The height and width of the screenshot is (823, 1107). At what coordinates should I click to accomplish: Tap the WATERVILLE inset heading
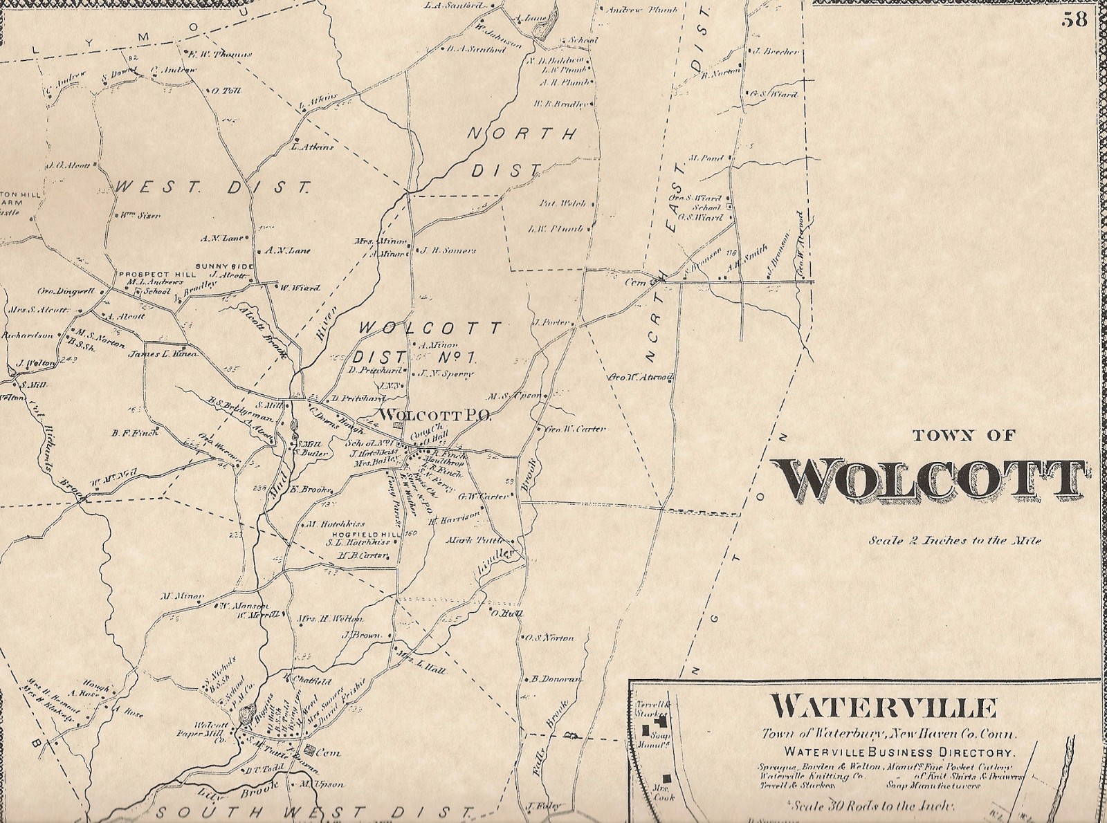[884, 708]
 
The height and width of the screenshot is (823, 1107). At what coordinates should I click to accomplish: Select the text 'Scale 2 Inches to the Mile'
[955, 541]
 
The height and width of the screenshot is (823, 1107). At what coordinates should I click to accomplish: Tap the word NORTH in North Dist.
[522, 134]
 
